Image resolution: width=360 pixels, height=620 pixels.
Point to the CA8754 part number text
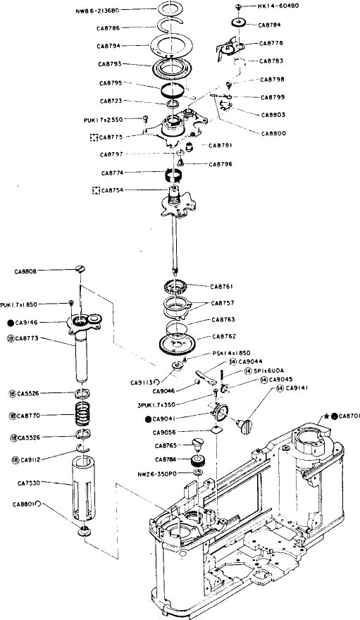pyautogui.click(x=116, y=190)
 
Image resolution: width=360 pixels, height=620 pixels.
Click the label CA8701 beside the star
pyautogui.click(x=349, y=416)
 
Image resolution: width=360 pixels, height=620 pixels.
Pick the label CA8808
pyautogui.click(x=27, y=270)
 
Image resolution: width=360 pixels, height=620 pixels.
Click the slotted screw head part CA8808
pyautogui.click(x=80, y=268)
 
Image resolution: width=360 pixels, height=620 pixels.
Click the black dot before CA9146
pyautogui.click(x=10, y=322)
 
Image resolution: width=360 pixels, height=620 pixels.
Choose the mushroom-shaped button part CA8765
pyautogui.click(x=199, y=444)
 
